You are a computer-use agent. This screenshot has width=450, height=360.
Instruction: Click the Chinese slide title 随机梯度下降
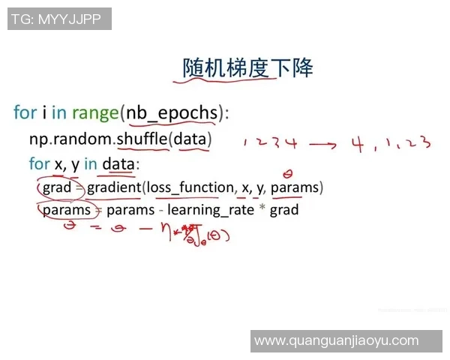(x=247, y=68)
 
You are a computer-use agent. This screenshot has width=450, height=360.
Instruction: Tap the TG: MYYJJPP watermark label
(x=60, y=18)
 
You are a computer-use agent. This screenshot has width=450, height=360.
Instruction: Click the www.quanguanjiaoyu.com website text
(x=346, y=340)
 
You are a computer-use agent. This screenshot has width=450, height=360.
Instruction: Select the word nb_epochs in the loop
(x=172, y=112)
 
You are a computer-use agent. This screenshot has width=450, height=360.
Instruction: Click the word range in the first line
(x=95, y=112)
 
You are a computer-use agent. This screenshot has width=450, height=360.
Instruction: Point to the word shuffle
(x=142, y=139)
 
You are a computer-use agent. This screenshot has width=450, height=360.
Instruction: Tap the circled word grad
(x=56, y=187)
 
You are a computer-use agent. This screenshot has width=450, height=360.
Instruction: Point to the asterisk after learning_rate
(x=262, y=209)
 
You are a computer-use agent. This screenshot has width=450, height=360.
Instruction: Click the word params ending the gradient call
(x=295, y=187)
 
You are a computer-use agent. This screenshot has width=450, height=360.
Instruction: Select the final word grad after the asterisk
(x=284, y=210)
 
